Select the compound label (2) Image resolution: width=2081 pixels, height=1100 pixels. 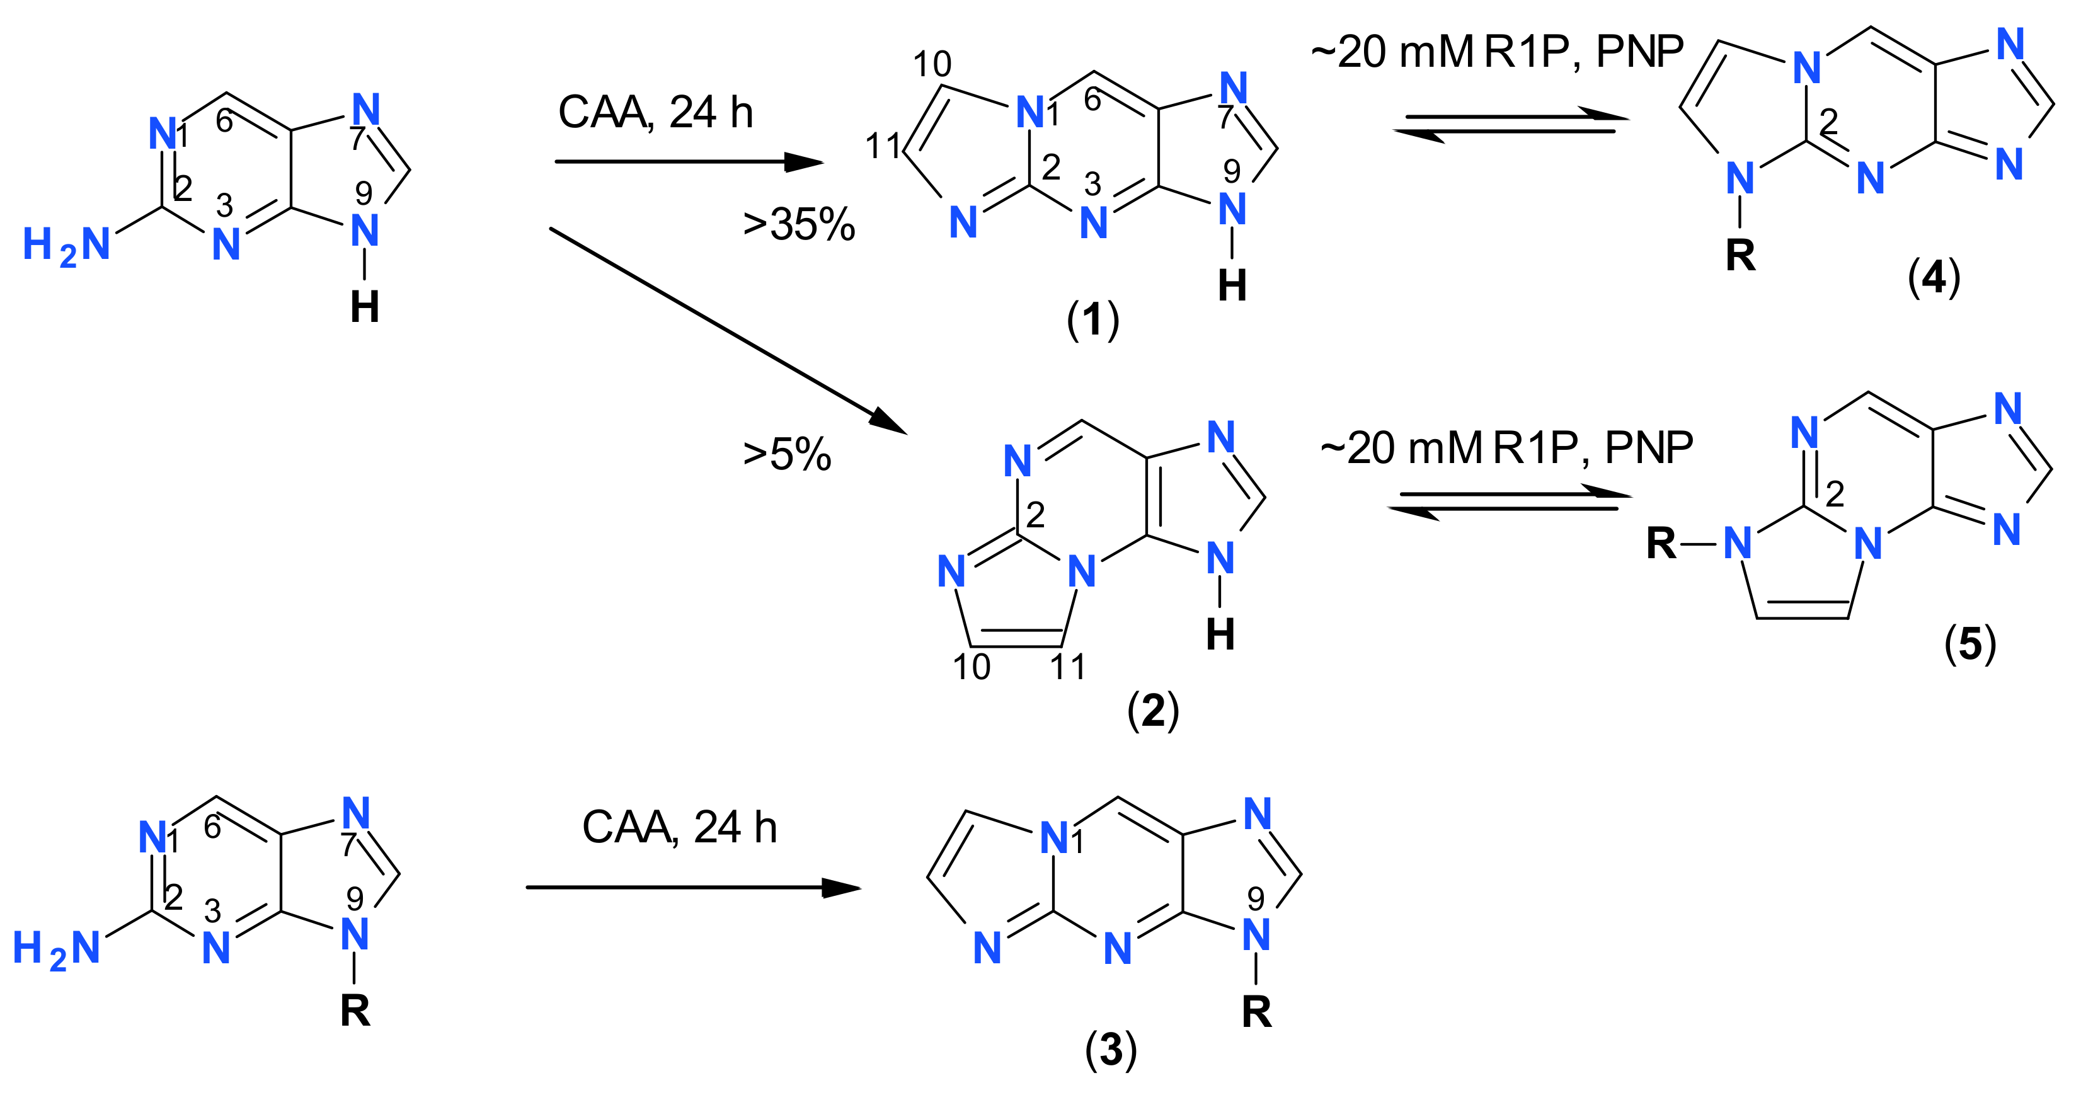(x=1153, y=711)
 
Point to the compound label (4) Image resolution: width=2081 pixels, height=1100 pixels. (x=1934, y=278)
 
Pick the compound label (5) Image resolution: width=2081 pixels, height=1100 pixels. (x=1969, y=644)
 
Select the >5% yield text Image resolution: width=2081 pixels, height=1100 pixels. (x=787, y=455)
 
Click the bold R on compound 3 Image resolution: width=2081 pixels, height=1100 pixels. (x=1256, y=1012)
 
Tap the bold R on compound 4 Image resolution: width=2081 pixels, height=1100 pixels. (x=1740, y=255)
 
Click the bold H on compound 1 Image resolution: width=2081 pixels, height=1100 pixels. (x=1232, y=286)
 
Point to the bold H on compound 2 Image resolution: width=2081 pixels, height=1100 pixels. (x=1220, y=635)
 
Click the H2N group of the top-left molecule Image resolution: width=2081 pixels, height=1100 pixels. (x=66, y=246)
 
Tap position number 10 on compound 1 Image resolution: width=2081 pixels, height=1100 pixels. (x=932, y=64)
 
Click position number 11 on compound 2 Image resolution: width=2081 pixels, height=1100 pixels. (x=1067, y=667)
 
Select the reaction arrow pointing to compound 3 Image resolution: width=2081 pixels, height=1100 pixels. (x=692, y=888)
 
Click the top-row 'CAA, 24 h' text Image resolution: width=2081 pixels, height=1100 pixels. (x=655, y=112)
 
